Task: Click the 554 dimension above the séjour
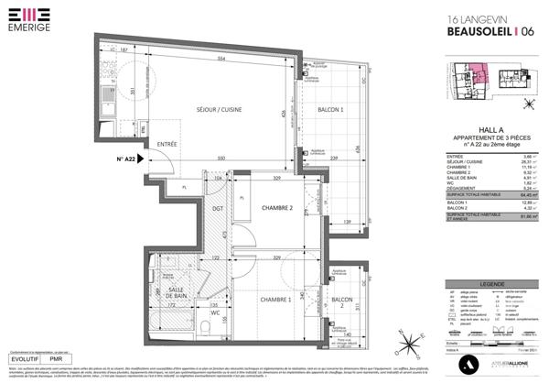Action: [221, 59]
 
